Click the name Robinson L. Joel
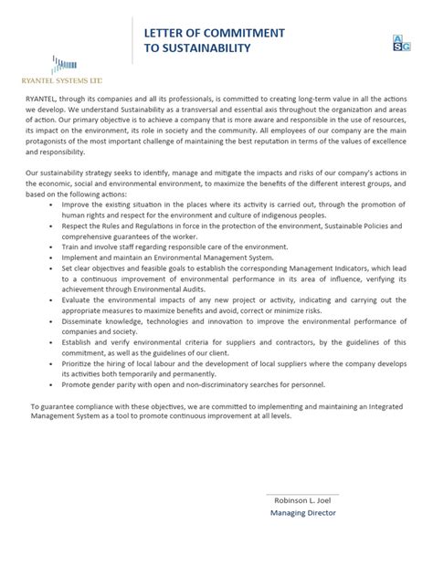297,500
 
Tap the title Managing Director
303,513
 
